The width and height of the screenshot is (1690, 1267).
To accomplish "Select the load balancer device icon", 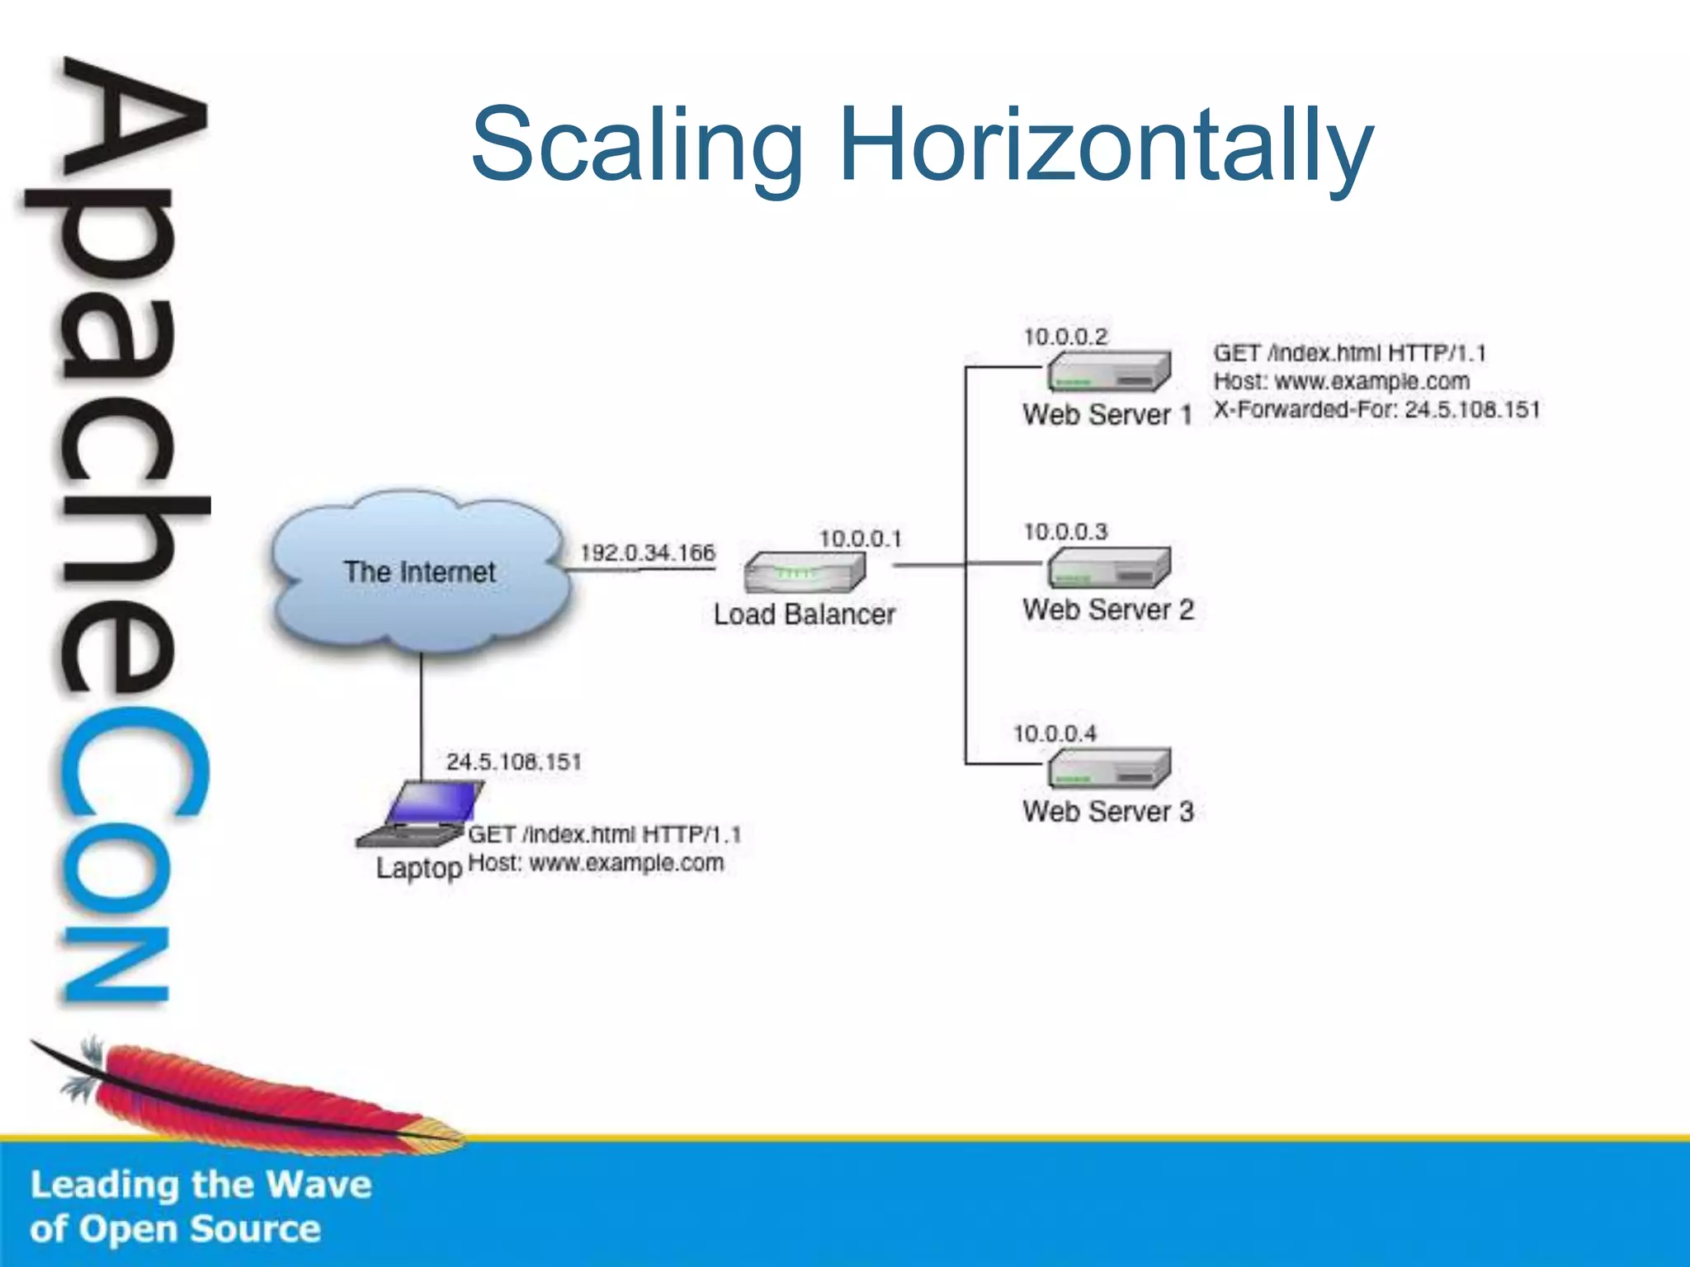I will (x=805, y=571).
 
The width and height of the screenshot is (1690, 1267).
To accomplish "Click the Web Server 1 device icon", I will (x=1109, y=372).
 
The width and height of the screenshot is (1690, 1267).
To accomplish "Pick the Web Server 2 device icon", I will (x=1109, y=568).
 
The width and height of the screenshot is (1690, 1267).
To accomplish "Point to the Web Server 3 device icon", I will (x=1109, y=769).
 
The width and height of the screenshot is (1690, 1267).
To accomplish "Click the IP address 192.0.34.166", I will (x=647, y=553).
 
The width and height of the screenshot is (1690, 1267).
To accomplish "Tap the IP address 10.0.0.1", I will (x=860, y=539).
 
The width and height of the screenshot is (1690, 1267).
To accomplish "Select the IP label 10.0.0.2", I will (x=1065, y=337).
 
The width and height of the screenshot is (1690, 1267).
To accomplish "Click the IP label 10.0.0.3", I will (x=1065, y=532).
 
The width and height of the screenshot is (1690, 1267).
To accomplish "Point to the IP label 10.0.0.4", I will (x=1055, y=733).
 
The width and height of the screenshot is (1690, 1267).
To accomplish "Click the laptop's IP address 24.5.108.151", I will (x=513, y=761).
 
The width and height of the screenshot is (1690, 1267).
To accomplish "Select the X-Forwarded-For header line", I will (x=1376, y=410).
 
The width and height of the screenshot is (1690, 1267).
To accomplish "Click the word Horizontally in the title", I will (x=1106, y=147).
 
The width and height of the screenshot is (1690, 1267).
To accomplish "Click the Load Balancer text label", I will (x=804, y=615).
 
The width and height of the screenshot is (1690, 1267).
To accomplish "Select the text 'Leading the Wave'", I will (x=201, y=1185).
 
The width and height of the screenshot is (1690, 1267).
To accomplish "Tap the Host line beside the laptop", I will (x=596, y=864).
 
